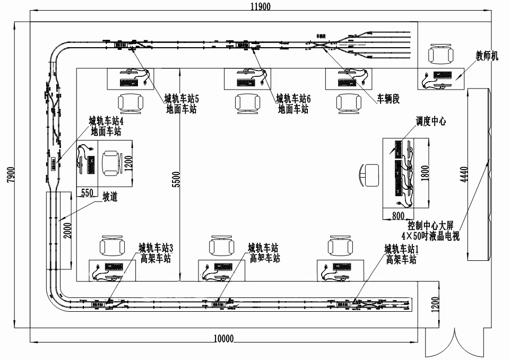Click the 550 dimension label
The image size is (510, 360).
click(x=87, y=194)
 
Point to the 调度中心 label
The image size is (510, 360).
click(x=431, y=121)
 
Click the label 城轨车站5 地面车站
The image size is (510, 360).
click(x=181, y=104)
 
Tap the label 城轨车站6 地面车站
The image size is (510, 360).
click(x=293, y=104)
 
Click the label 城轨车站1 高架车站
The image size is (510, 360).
click(x=402, y=254)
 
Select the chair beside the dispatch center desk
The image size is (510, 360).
click(x=370, y=174)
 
